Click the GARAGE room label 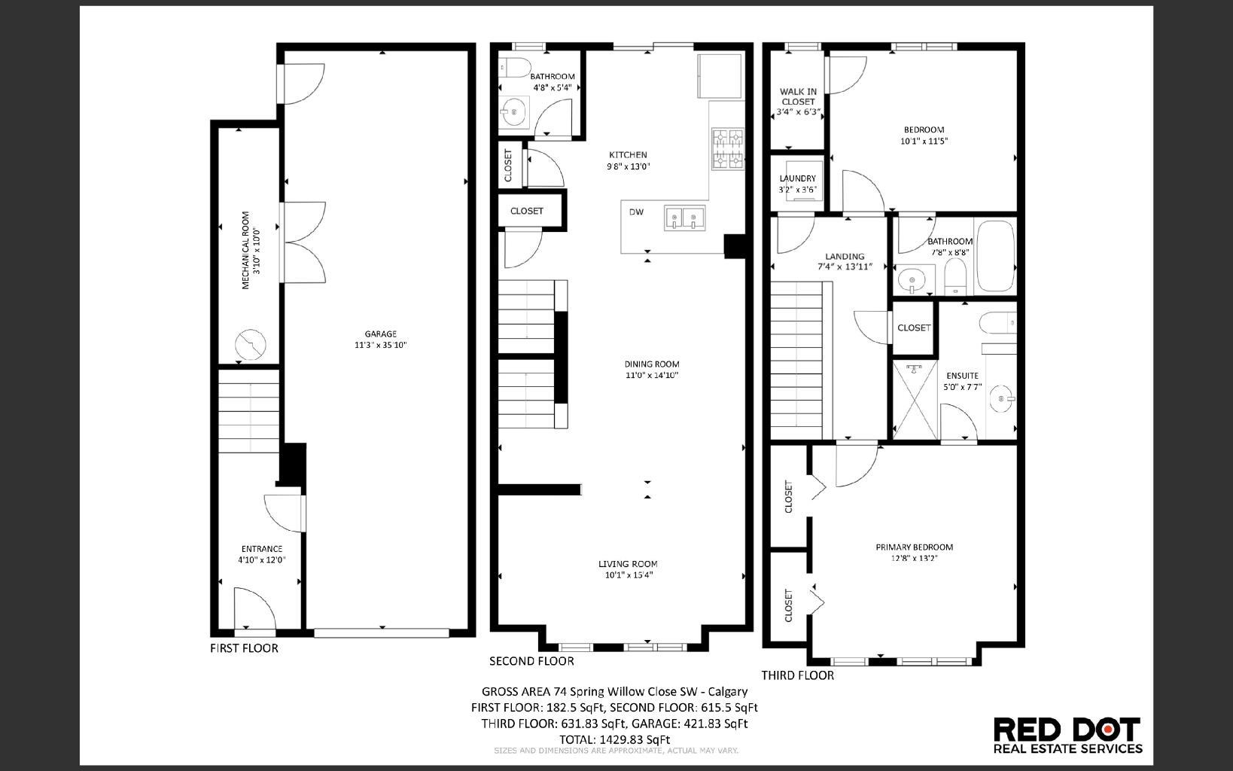[x=380, y=334]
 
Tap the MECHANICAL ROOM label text [x=245, y=249]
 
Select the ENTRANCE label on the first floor [x=261, y=549]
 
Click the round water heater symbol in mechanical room [x=250, y=346]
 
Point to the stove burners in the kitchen [x=727, y=149]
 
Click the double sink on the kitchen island [x=683, y=218]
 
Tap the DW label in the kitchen [x=636, y=212]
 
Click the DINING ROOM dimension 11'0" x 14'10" [x=651, y=375]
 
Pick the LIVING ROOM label [x=628, y=564]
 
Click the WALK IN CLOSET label [x=798, y=96]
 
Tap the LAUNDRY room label [x=797, y=178]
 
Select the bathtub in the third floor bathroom [x=995, y=257]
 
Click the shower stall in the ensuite [x=915, y=400]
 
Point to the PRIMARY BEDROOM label [x=914, y=547]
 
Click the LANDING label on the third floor [x=844, y=256]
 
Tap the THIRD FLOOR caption [x=797, y=675]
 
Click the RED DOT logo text [x=1067, y=729]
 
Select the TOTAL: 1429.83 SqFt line [x=613, y=739]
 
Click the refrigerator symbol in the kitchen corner [x=720, y=75]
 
